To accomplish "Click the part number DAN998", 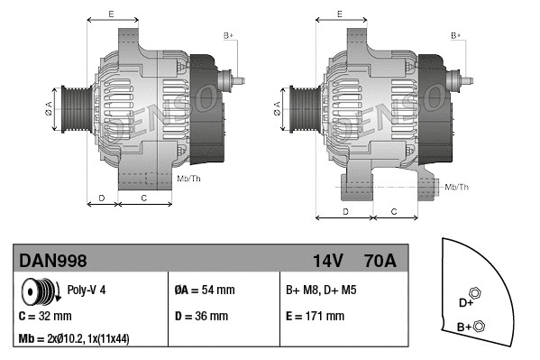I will click(53, 261).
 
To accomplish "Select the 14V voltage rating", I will click(328, 261).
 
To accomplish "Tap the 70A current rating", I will click(379, 261).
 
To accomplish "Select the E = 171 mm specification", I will click(315, 317).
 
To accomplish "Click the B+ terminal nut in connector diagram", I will click(480, 326).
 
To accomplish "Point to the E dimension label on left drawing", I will click(111, 14).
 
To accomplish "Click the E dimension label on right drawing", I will click(339, 14).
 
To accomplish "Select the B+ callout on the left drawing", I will click(229, 34).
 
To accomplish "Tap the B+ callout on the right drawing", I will click(456, 34).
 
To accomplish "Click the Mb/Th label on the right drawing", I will click(457, 187).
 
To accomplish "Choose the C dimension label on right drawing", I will click(393, 211).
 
